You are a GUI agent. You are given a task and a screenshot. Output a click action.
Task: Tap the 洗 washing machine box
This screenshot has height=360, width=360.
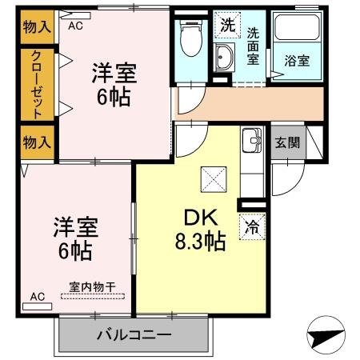point(228,24)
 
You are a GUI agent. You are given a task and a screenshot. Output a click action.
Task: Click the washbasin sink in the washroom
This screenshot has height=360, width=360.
point(223,58)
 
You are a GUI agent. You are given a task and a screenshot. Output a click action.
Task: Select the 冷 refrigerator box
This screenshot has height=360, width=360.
point(252,226)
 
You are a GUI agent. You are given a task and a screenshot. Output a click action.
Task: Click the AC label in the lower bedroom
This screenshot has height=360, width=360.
point(37,297)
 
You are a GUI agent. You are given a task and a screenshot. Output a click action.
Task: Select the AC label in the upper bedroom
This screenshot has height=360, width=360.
point(75,26)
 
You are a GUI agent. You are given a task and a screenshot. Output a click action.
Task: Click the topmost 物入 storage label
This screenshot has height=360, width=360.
point(37,26)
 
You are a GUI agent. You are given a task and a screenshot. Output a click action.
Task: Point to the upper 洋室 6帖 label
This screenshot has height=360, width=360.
point(113,85)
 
